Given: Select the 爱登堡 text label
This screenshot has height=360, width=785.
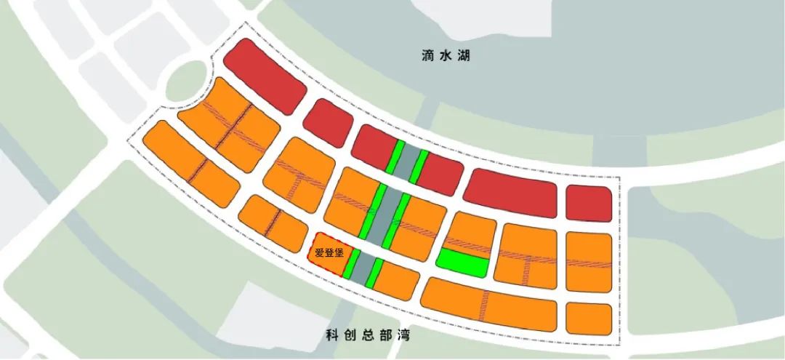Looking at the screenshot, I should pos(329,254).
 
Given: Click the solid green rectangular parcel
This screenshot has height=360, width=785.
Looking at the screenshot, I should pos(462,263).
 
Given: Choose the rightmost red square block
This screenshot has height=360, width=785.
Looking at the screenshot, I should pos(588,203).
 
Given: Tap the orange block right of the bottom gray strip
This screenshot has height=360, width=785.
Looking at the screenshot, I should pos(396,280).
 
